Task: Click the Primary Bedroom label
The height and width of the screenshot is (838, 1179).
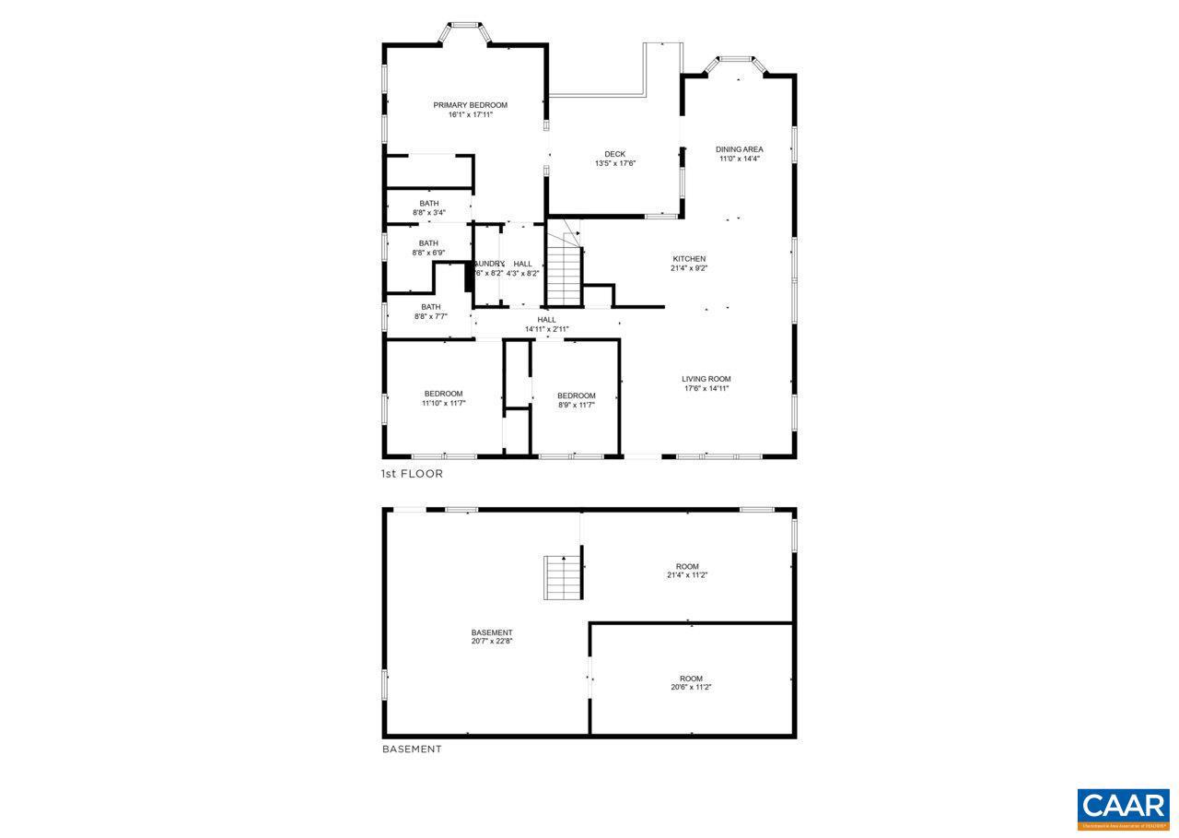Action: tap(470, 105)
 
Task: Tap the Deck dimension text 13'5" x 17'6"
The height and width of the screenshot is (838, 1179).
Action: tap(614, 164)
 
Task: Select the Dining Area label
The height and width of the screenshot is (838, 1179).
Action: tap(739, 148)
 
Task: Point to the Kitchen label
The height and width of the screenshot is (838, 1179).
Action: tap(688, 259)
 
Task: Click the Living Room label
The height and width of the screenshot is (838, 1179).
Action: tap(706, 379)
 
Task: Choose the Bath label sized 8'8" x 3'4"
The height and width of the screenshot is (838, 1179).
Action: tap(428, 204)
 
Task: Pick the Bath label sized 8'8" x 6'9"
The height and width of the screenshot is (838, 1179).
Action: tap(428, 243)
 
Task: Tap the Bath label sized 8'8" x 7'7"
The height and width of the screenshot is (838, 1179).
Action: tap(430, 307)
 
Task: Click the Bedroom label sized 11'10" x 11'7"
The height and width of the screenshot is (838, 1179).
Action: tap(443, 394)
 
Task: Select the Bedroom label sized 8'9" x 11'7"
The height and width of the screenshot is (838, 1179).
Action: tap(576, 395)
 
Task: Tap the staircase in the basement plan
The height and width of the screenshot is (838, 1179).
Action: tap(562, 578)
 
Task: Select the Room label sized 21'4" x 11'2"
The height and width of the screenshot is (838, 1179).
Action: tap(686, 566)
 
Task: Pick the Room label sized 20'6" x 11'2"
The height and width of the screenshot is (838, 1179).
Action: tap(691, 679)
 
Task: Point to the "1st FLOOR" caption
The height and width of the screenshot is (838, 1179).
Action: tap(412, 474)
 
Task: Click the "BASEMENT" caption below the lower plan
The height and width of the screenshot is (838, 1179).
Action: tap(412, 749)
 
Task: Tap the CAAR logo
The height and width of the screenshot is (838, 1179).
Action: tap(1123, 808)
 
